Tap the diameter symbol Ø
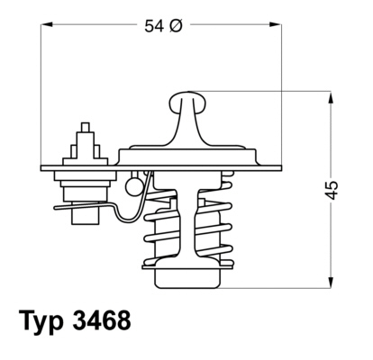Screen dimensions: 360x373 (177, 27)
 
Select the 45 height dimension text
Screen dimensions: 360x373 (332, 189)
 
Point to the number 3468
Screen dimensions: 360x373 (104, 320)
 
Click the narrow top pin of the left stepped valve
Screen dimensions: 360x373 (86, 128)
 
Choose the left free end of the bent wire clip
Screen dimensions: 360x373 (56, 207)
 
